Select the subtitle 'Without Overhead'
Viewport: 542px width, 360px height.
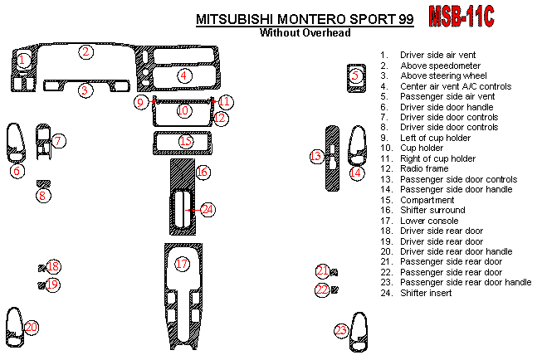point(305,33)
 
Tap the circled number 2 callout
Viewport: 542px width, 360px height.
point(85,51)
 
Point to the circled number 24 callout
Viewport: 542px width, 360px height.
point(207,210)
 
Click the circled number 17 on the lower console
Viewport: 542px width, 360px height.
point(183,264)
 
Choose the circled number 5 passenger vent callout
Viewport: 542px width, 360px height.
point(356,75)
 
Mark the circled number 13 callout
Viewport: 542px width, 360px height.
point(315,156)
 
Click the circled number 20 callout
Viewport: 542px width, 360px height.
point(32,328)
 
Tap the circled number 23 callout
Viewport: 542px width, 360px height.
point(341,330)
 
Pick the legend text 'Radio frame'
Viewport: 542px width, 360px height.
point(423,169)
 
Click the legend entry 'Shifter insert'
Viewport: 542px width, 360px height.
point(426,293)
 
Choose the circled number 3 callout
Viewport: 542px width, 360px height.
point(85,90)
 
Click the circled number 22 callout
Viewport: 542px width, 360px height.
point(321,289)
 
